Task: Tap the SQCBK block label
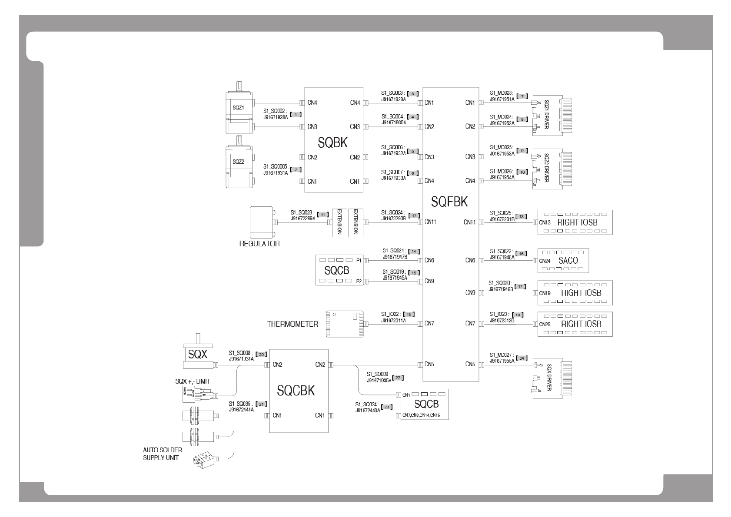[296, 391]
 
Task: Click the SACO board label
[568, 260]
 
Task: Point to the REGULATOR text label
[259, 244]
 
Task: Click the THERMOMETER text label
[292, 324]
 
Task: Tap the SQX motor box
[198, 354]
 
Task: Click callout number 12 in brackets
[414, 215]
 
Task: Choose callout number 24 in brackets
[522, 358]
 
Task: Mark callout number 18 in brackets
[409, 314]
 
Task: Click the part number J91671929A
[393, 99]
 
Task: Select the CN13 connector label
[545, 222]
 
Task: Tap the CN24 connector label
[545, 261]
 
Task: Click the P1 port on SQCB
[359, 260]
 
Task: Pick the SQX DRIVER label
[548, 378]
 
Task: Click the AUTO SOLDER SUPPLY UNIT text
[163, 454]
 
